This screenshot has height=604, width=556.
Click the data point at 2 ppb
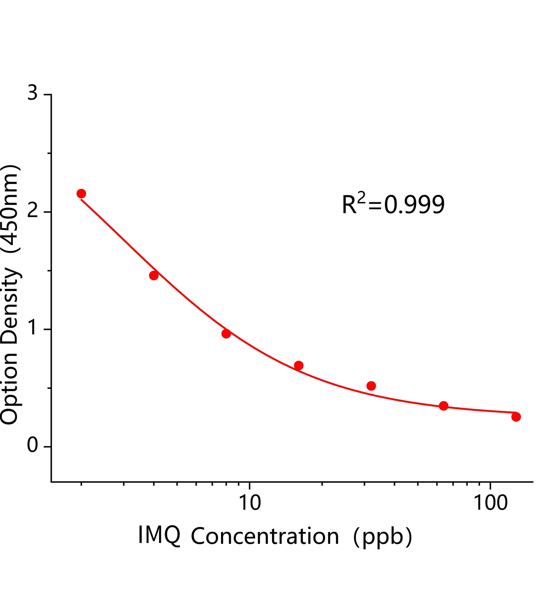click(81, 194)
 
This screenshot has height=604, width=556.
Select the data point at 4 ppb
click(154, 276)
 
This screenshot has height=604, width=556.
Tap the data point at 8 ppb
click(226, 334)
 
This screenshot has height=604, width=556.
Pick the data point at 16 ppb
click(299, 365)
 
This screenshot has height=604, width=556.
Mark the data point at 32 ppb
click(371, 386)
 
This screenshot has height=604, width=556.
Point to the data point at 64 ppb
click(444, 406)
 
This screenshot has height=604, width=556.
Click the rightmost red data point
click(516, 417)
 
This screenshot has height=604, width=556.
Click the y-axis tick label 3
click(33, 93)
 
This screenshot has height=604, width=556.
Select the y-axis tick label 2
click(33, 211)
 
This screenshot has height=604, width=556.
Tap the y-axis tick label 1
click(34, 329)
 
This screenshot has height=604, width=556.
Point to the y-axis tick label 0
click(33, 446)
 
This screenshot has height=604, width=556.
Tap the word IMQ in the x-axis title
click(159, 535)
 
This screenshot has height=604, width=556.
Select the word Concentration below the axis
click(265, 536)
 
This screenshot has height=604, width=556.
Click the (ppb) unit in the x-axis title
click(382, 536)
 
